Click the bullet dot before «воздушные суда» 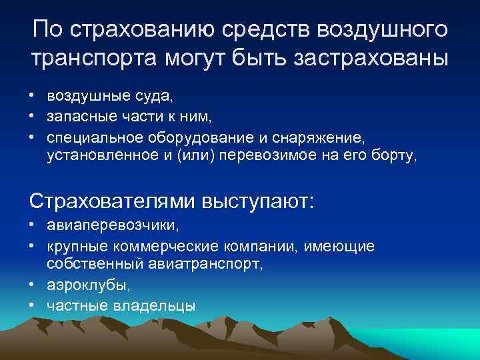(x=32, y=97)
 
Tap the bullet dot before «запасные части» (x=32, y=117)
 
